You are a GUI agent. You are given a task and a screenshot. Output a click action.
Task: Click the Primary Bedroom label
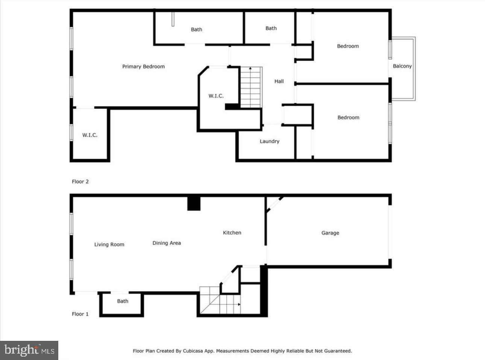coord(143,67)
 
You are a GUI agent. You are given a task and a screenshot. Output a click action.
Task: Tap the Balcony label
coord(402,66)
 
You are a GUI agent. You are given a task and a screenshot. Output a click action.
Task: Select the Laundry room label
coord(270,141)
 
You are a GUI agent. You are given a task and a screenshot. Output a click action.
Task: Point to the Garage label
coord(330,233)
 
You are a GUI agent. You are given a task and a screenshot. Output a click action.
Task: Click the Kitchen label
coord(232,232)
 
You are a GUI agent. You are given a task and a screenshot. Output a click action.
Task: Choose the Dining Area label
coord(167,243)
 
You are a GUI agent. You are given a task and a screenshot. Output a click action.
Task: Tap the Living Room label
coord(109,245)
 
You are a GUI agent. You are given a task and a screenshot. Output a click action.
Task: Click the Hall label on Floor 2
coord(279,81)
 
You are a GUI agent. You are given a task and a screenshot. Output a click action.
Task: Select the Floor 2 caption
coord(80,182)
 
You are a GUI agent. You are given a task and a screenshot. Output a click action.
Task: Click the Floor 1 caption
coord(80,314)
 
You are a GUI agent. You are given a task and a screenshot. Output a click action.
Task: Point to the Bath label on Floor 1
coord(123,301)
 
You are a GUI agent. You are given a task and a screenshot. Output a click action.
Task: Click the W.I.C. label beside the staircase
coord(216,96)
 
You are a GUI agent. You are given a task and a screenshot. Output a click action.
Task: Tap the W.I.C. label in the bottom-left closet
coord(90,135)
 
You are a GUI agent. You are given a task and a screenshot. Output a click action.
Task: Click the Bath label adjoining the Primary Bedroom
coord(196,29)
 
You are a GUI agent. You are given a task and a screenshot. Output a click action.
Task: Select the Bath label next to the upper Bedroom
coord(271,28)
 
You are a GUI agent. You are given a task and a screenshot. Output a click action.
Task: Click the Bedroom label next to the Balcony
coord(348,46)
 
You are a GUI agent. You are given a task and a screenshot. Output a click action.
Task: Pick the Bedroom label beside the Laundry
coord(348,117)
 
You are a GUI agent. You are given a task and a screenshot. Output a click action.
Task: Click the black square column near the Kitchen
coord(194,204)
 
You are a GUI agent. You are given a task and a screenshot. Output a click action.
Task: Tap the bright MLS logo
coord(29,350)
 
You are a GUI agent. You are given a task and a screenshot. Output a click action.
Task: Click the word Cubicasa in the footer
coord(193,351)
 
